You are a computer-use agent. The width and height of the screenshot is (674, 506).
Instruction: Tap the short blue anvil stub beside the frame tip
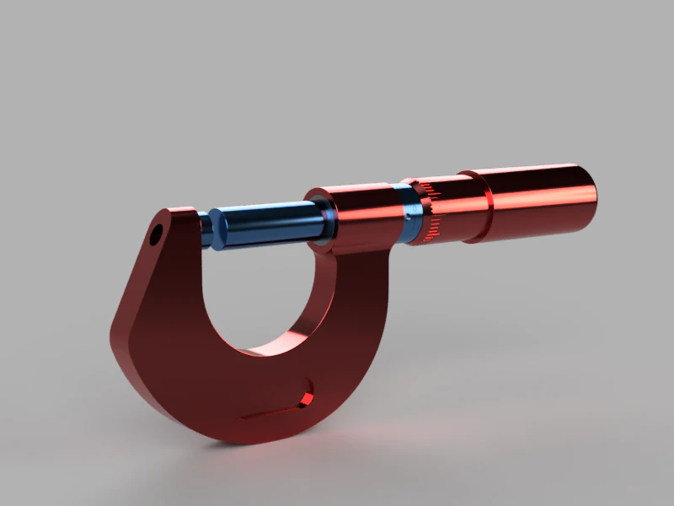click(x=205, y=229)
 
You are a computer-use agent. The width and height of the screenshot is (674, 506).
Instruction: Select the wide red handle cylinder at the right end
click(x=539, y=199)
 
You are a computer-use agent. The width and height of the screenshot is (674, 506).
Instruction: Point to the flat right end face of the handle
click(x=591, y=195)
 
